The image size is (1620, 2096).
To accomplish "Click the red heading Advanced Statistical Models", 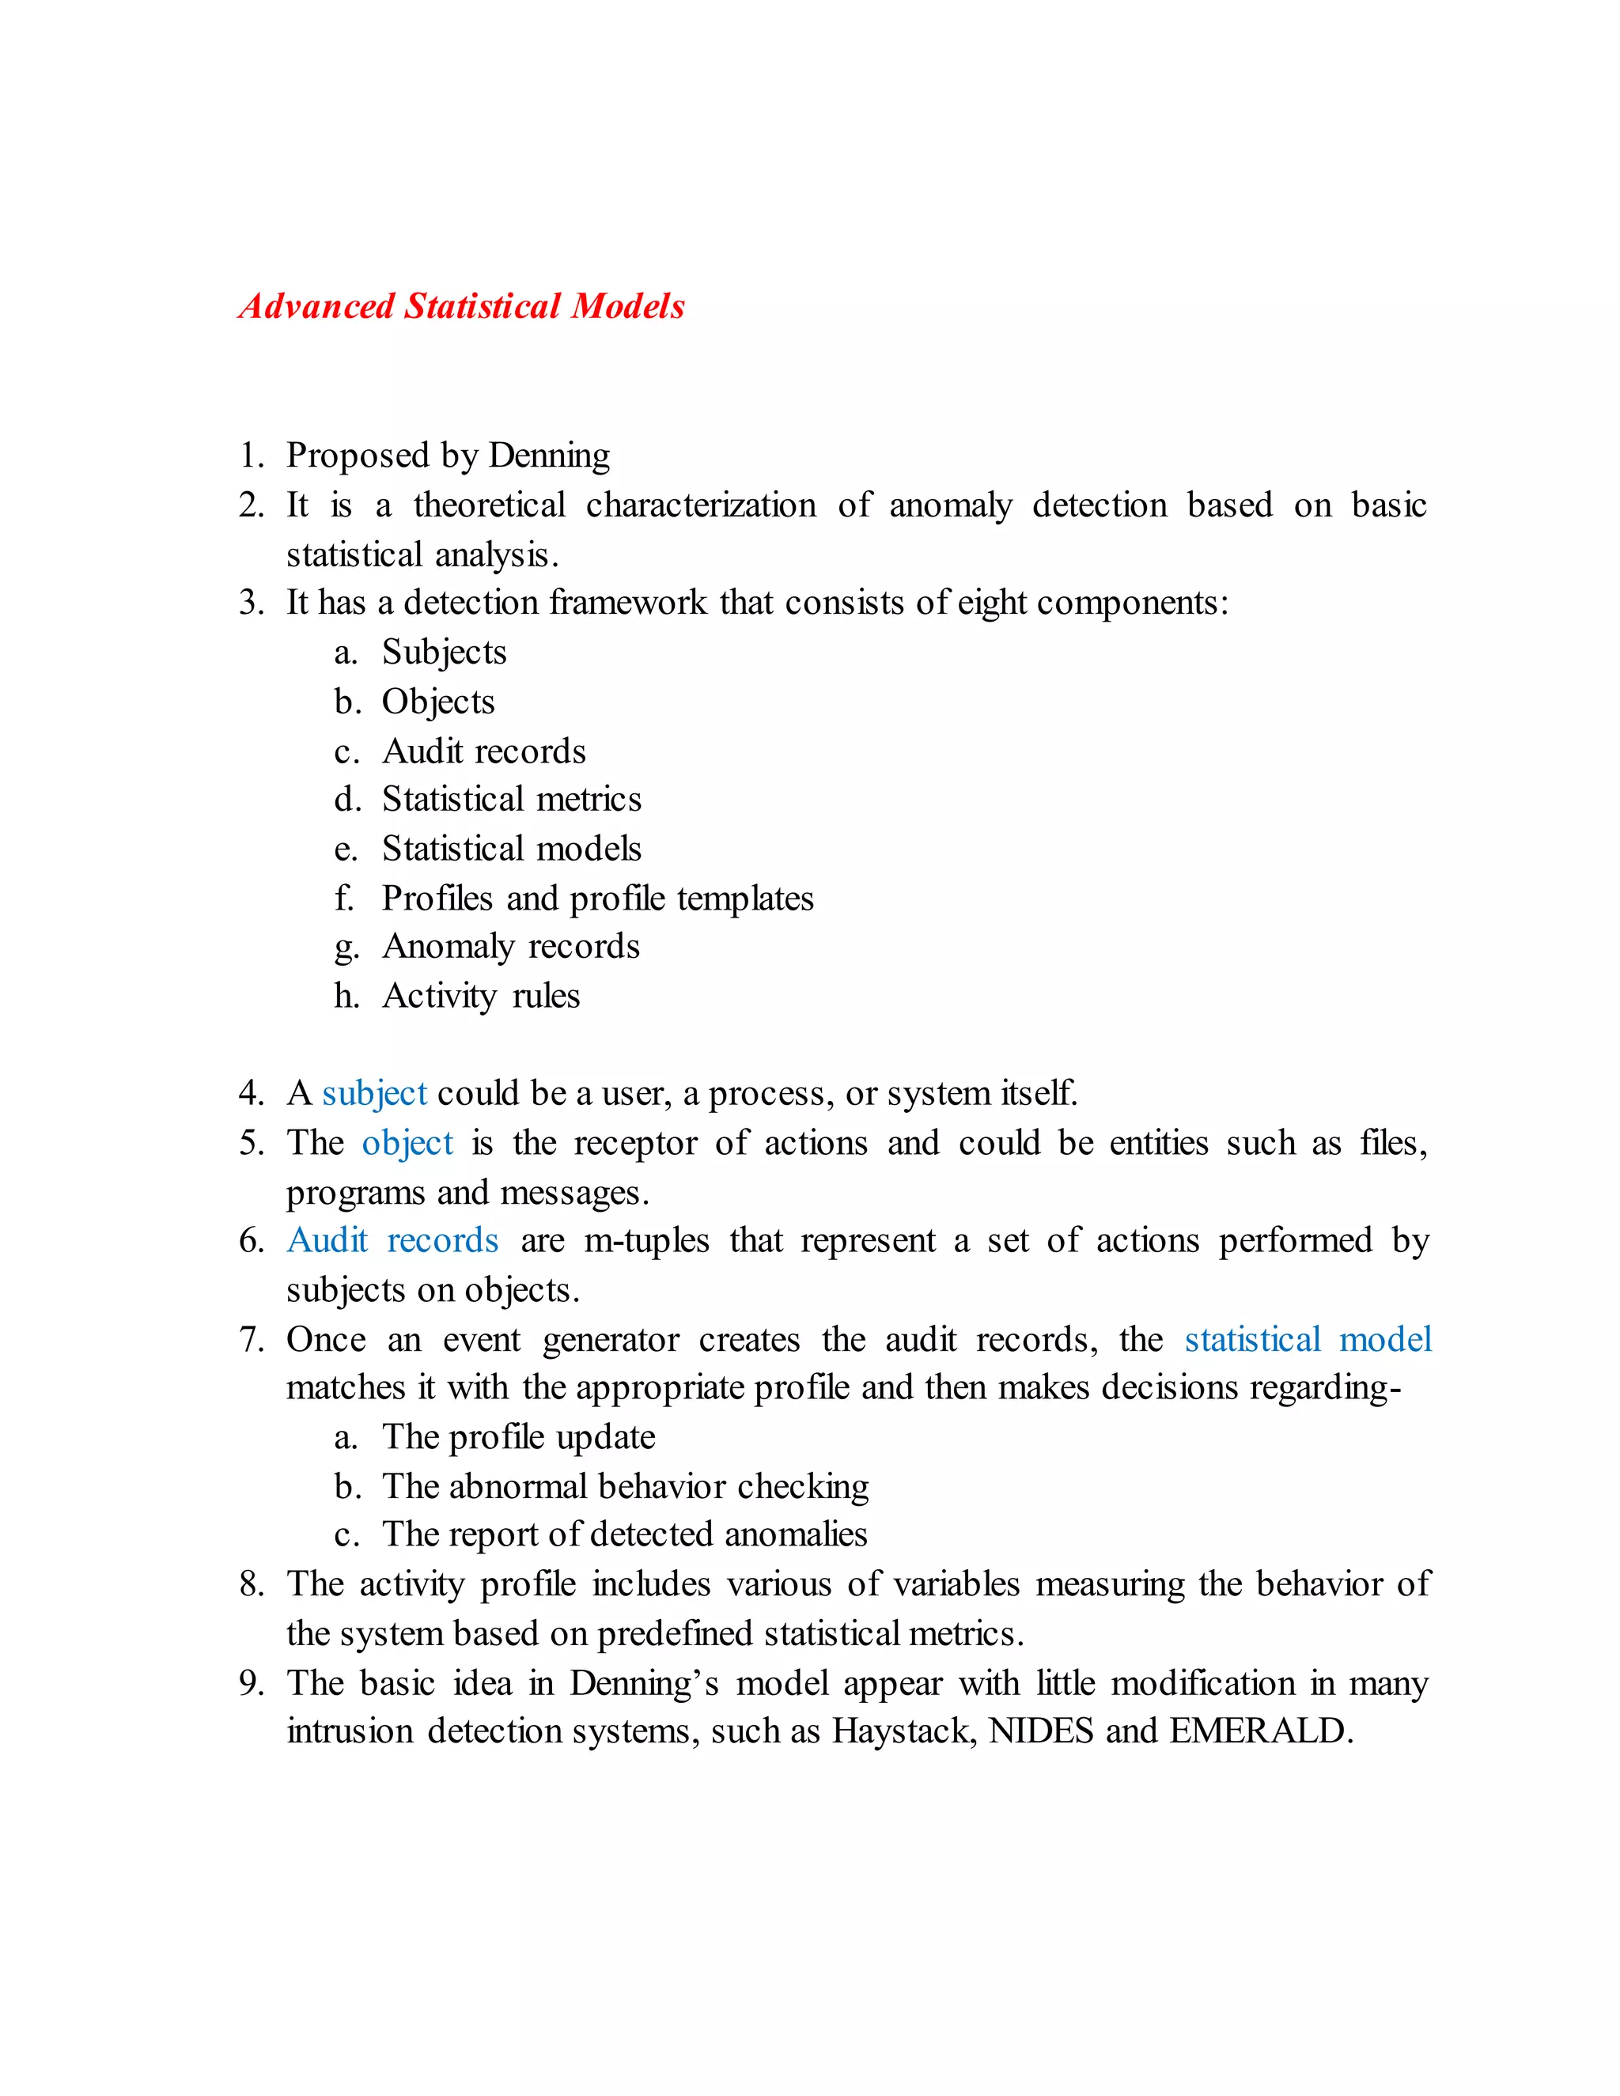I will tap(462, 306).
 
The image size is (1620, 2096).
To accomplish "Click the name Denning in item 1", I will tap(549, 455).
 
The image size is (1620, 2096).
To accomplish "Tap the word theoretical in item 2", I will tap(490, 505).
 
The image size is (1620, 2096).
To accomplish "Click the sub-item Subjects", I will tap(444, 653).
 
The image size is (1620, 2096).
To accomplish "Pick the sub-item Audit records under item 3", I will tap(483, 751).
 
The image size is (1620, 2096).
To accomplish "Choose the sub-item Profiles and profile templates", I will tap(597, 899).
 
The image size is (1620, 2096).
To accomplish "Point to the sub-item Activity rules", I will tap(481, 996).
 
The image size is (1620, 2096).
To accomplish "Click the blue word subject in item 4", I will tap(374, 1094).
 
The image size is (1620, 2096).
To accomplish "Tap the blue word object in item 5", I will tap(407, 1144).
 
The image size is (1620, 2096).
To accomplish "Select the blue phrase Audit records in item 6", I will tap(392, 1241).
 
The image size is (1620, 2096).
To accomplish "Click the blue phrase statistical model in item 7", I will tap(1307, 1340).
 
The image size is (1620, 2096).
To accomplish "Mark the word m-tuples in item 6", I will tap(646, 1241).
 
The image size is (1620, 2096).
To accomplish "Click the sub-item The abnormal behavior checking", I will tap(625, 1487).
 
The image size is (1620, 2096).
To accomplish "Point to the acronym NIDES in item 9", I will tap(1040, 1731).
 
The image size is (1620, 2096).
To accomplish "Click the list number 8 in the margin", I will tap(251, 1584).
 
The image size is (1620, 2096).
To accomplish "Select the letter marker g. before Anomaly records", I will tap(346, 948).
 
